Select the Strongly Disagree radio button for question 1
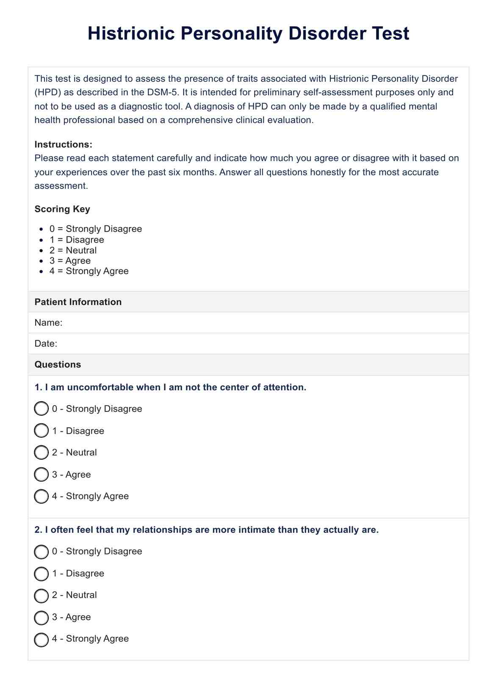pyautogui.click(x=41, y=409)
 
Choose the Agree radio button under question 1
pyautogui.click(x=41, y=475)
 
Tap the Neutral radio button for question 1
pyautogui.click(x=41, y=453)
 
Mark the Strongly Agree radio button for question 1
pyautogui.click(x=41, y=496)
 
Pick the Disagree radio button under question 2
pyautogui.click(x=41, y=574)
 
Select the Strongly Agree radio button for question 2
pyautogui.click(x=41, y=639)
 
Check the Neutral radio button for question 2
pyautogui.click(x=41, y=595)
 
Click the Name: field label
pyautogui.click(x=48, y=323)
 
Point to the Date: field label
pyautogui.click(x=46, y=343)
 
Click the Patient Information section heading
pyautogui.click(x=78, y=302)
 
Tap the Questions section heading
pyautogui.click(x=58, y=364)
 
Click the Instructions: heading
pyautogui.click(x=63, y=144)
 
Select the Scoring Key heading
pyautogui.click(x=62, y=209)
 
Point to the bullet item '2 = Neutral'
pyautogui.click(x=73, y=250)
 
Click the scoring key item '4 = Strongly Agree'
pyautogui.click(x=89, y=271)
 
